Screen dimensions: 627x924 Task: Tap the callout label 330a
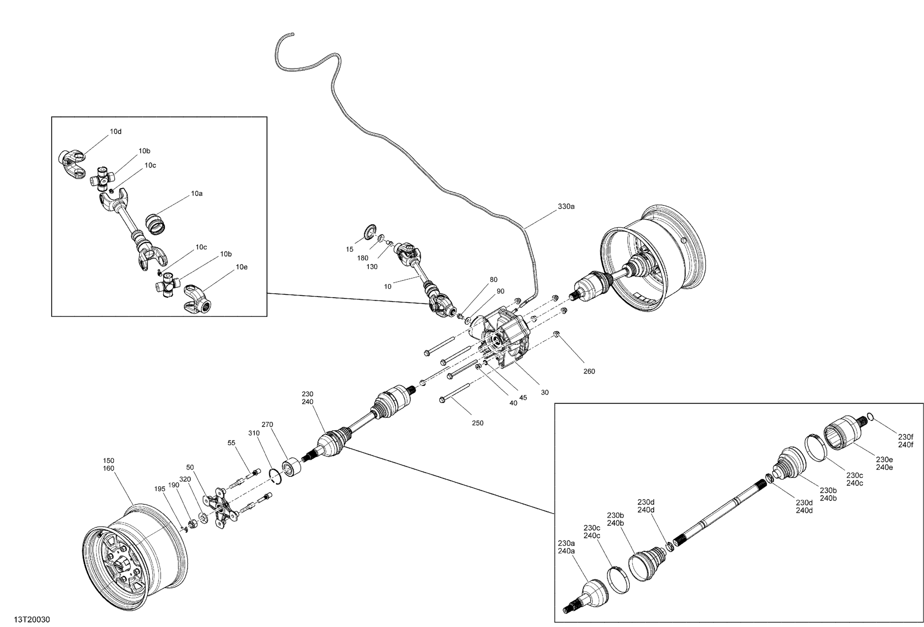coord(566,207)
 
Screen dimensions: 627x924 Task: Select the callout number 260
coord(589,371)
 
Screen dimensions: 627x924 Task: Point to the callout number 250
coord(478,423)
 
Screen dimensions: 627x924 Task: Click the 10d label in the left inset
coord(116,132)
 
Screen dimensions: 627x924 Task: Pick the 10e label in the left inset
coord(242,267)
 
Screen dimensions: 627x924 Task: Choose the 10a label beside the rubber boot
coord(197,194)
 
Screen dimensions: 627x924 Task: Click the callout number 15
coord(350,250)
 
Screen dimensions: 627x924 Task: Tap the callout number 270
coord(267,425)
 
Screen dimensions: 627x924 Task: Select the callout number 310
coord(254,433)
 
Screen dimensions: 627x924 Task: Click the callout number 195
coord(160,489)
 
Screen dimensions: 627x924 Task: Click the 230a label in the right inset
coord(566,543)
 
